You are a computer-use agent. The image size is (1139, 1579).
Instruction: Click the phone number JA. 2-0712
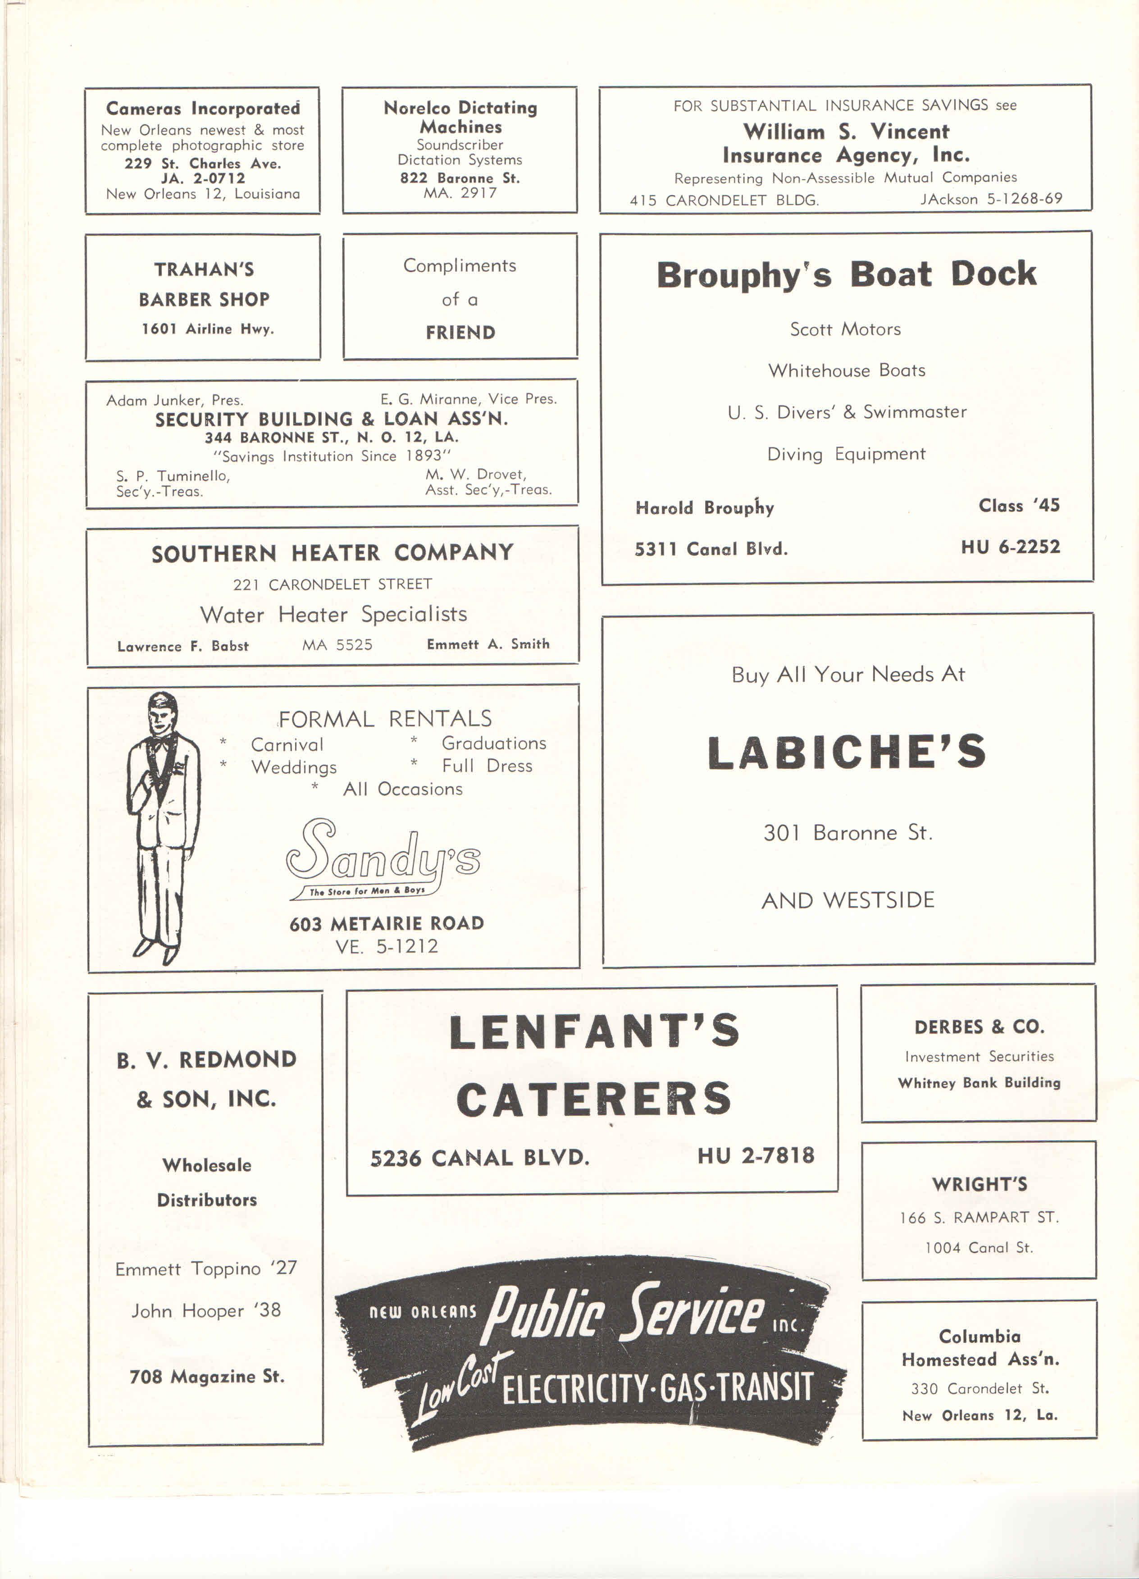click(x=203, y=178)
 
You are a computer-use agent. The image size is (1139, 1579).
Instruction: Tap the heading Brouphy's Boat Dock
click(x=846, y=274)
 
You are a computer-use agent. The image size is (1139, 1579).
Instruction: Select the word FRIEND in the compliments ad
click(x=460, y=332)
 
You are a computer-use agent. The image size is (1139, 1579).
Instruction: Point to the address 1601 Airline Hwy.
click(x=207, y=329)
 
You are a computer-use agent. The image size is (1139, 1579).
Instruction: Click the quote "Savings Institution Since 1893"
click(x=332, y=456)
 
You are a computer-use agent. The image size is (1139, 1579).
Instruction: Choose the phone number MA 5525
click(x=337, y=645)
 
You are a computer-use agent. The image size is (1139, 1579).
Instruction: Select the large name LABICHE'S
click(x=847, y=753)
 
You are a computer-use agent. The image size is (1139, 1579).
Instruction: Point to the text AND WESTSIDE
click(x=847, y=900)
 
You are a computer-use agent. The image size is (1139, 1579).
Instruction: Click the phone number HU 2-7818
click(x=756, y=1156)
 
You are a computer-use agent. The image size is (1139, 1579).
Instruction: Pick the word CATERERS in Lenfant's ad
click(x=594, y=1099)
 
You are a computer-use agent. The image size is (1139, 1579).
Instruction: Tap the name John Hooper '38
click(x=206, y=1310)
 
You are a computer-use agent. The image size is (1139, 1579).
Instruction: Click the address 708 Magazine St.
click(x=207, y=1376)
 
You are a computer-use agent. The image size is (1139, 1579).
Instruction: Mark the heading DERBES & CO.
click(x=979, y=1027)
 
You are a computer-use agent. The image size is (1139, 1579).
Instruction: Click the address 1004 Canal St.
click(x=978, y=1248)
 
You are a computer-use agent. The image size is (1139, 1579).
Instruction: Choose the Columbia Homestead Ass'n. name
click(x=980, y=1348)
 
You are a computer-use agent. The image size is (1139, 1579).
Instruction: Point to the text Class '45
click(x=1019, y=506)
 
